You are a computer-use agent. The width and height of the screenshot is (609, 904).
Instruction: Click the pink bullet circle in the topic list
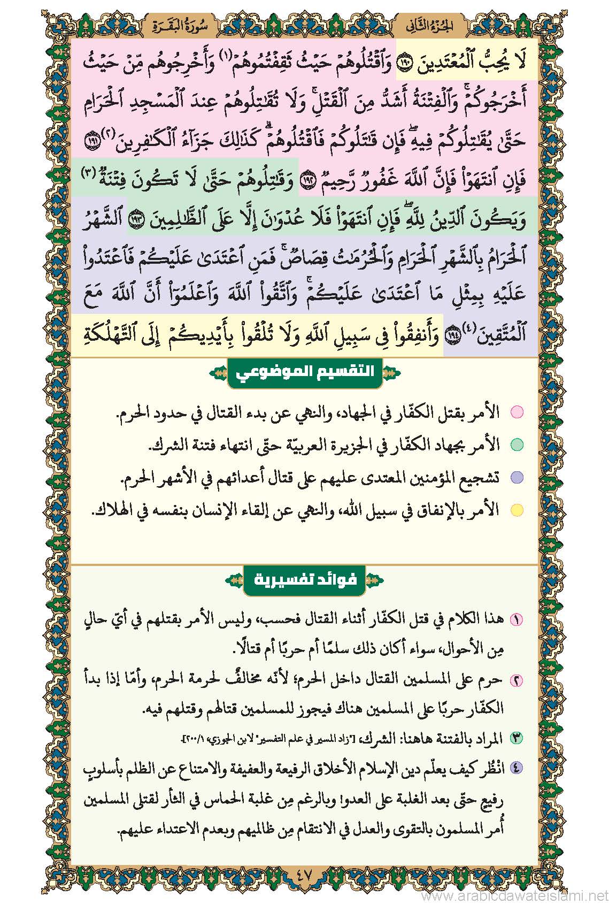pyautogui.click(x=517, y=413)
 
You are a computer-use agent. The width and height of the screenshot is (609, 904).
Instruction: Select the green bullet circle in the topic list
pyautogui.click(x=517, y=445)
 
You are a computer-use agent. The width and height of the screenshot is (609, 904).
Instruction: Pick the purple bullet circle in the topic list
pyautogui.click(x=517, y=478)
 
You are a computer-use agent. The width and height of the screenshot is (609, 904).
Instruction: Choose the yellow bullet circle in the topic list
pyautogui.click(x=517, y=510)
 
